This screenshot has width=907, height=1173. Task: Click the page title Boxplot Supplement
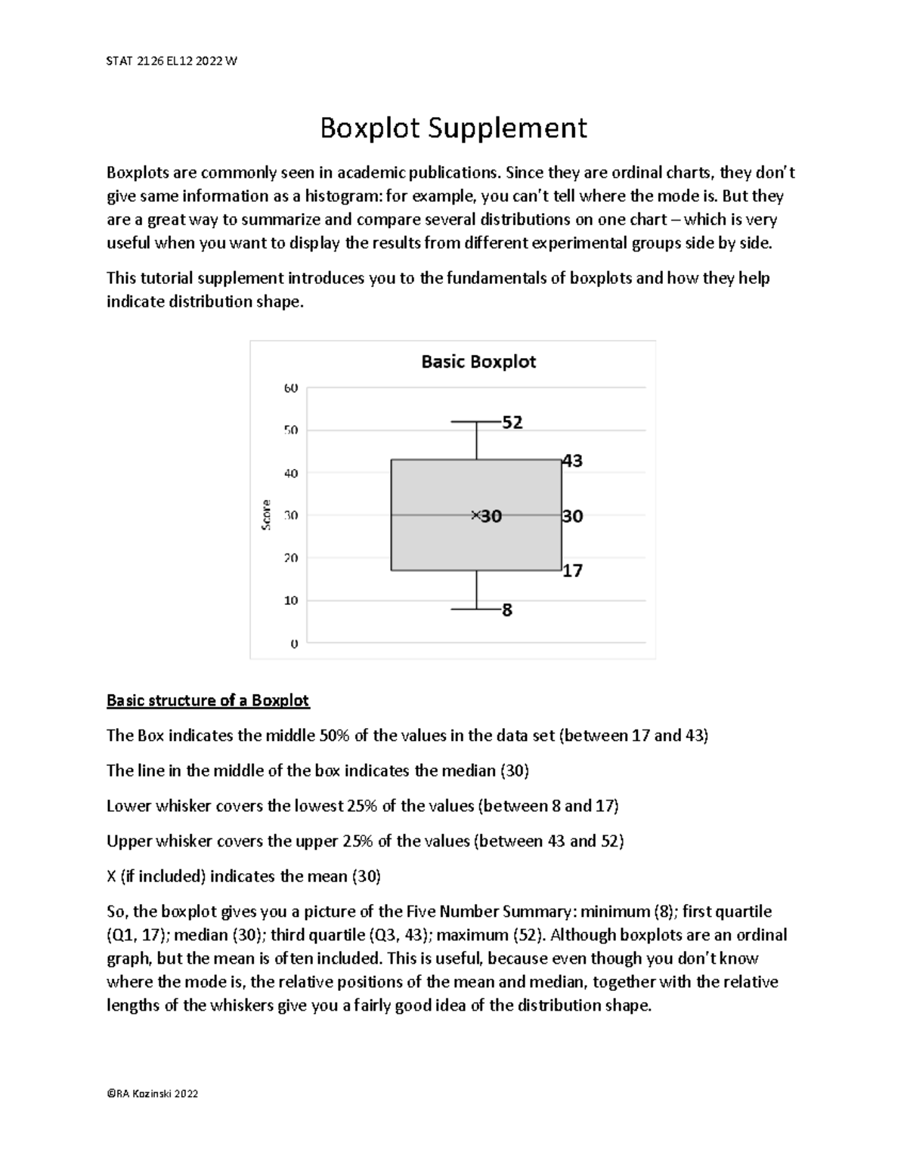tap(453, 128)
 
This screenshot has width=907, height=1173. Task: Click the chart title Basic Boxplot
tap(478, 362)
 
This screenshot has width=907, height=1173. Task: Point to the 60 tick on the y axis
tap(291, 387)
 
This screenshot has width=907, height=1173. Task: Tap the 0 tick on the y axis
tap(294, 644)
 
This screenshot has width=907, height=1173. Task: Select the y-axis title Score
tap(266, 515)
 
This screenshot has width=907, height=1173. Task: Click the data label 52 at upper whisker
tap(512, 423)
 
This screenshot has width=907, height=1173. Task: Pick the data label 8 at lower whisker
tap(506, 610)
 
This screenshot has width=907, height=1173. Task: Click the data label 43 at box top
tap(572, 461)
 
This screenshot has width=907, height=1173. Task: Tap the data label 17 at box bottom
tap(572, 571)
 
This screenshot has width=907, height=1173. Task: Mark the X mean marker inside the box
tap(475, 515)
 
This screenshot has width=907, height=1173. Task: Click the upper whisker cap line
tap(476, 421)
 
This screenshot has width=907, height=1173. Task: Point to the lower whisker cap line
tap(476, 609)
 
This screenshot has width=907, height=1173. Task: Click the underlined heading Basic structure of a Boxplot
tap(208, 700)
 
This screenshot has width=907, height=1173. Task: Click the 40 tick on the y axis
tap(291, 473)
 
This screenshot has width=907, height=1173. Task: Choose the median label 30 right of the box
tap(572, 516)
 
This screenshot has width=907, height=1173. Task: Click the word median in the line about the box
tap(473, 770)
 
